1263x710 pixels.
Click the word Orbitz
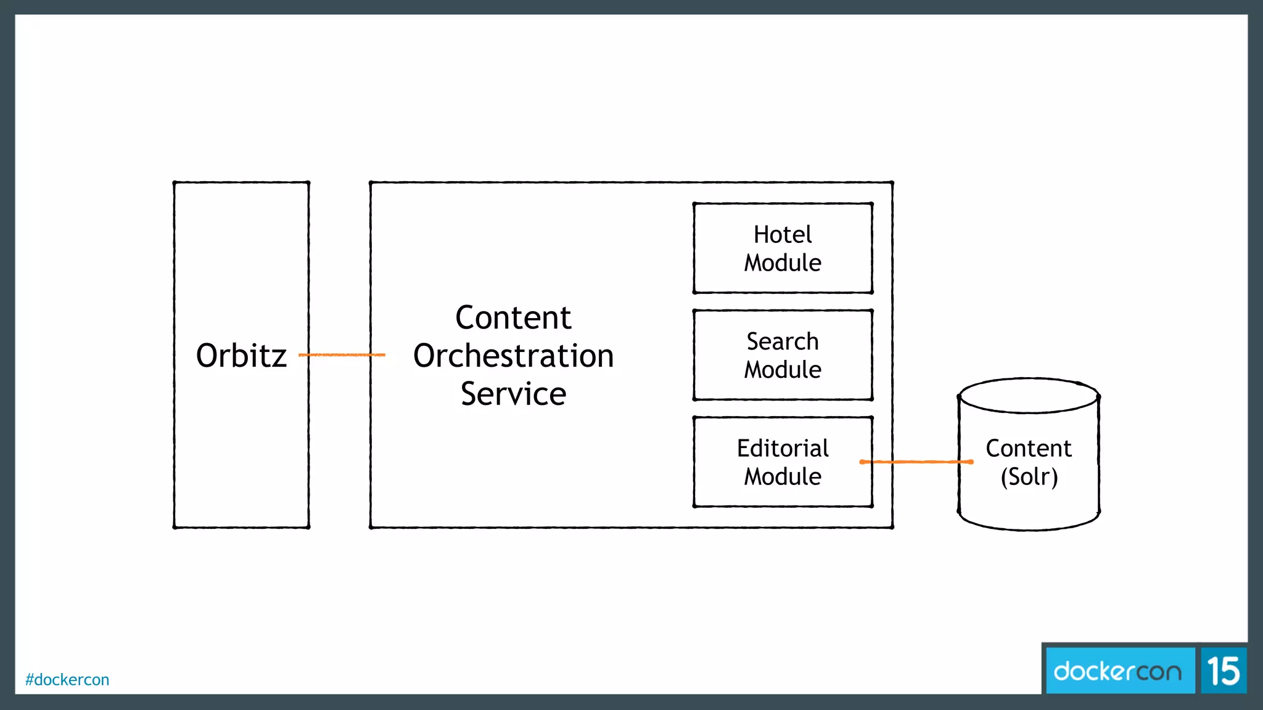click(x=241, y=356)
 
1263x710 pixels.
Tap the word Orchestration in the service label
click(x=513, y=356)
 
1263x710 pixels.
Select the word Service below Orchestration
click(x=513, y=394)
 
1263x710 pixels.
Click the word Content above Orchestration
click(x=513, y=318)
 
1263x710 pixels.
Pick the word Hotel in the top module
click(x=783, y=235)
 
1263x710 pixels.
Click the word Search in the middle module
click(x=783, y=341)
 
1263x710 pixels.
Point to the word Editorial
click(x=783, y=448)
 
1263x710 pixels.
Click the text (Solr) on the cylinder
click(x=1029, y=476)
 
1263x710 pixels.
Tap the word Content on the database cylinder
click(x=1029, y=448)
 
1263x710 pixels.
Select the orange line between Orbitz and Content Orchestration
click(x=342, y=355)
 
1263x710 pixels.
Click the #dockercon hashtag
click(x=67, y=680)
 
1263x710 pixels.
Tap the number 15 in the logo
click(x=1223, y=671)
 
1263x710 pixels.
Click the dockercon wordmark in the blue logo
click(x=1117, y=671)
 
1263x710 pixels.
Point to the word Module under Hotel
click(x=783, y=263)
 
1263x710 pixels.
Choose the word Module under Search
click(x=783, y=370)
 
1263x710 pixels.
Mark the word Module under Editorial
click(x=783, y=476)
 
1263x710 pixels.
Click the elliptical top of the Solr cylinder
click(x=1029, y=396)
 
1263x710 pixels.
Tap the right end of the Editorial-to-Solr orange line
click(x=971, y=462)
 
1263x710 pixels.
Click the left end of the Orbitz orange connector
click(x=301, y=355)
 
